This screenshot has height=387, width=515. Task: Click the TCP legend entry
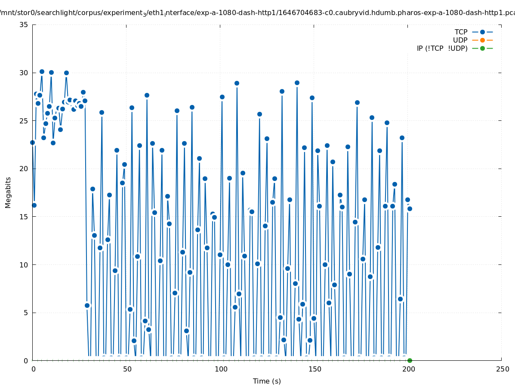click(x=461, y=32)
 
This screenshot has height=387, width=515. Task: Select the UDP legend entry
click(x=460, y=40)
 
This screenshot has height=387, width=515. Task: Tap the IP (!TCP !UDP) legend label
click(x=442, y=48)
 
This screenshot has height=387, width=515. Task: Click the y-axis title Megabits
click(x=8, y=192)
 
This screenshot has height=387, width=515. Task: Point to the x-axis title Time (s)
click(x=267, y=381)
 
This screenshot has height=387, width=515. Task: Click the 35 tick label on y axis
click(x=24, y=25)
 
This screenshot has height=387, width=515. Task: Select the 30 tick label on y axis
click(x=24, y=73)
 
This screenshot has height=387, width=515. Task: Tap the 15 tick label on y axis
click(x=24, y=217)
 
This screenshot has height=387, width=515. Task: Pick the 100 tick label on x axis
click(x=221, y=369)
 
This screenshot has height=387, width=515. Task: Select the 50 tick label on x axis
click(x=127, y=369)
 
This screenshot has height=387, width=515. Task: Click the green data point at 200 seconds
click(x=410, y=360)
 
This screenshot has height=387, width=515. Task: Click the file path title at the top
click(x=257, y=13)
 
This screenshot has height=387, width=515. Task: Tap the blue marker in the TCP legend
click(x=482, y=32)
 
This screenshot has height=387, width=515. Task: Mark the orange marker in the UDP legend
click(x=482, y=40)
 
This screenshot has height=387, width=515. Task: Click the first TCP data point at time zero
click(x=32, y=142)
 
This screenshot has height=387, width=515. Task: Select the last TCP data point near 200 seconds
click(x=410, y=209)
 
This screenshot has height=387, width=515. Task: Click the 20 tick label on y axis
click(x=24, y=169)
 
